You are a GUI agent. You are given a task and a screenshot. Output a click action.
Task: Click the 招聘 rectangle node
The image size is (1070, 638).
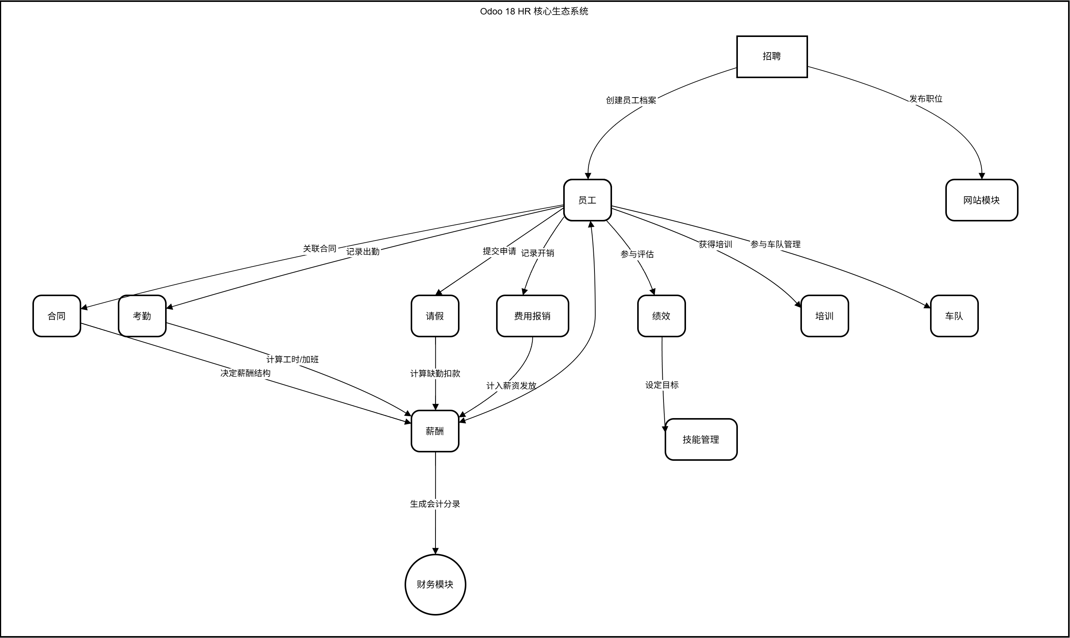point(771,56)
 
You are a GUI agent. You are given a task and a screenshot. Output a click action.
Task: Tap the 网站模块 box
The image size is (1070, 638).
point(982,200)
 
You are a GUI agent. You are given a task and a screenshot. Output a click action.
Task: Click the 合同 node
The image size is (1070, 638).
point(56,316)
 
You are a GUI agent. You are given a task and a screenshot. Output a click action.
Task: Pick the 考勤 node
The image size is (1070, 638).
point(142,316)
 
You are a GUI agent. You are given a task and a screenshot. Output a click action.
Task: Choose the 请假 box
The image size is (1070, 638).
point(435,316)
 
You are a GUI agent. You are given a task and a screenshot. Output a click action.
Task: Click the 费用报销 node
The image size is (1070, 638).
point(532,316)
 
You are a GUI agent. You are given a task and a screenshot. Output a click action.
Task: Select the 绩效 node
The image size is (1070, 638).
point(661,316)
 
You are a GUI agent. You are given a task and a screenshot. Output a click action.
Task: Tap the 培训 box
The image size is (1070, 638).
point(824,316)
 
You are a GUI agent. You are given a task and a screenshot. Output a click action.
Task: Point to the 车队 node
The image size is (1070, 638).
point(954,316)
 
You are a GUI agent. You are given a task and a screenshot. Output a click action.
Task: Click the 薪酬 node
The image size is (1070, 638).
point(435,431)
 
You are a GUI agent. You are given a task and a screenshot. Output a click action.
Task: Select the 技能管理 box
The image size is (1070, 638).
point(701,439)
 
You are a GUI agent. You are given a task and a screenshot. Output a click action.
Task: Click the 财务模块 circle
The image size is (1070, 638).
point(435,584)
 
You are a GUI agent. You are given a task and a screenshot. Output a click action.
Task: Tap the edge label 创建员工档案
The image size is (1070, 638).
point(631,100)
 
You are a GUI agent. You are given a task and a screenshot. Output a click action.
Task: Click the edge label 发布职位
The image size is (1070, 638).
point(925,99)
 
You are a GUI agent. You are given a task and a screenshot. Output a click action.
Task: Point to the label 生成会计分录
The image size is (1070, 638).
point(435,504)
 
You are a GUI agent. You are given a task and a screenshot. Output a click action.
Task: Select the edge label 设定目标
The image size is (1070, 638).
point(662,385)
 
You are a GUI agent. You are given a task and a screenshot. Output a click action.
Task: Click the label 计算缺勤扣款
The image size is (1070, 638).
point(435,374)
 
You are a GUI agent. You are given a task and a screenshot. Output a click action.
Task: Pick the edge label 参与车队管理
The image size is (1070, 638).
point(775,244)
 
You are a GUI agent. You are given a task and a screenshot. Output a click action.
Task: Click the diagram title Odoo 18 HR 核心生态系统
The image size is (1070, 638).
point(534,11)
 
